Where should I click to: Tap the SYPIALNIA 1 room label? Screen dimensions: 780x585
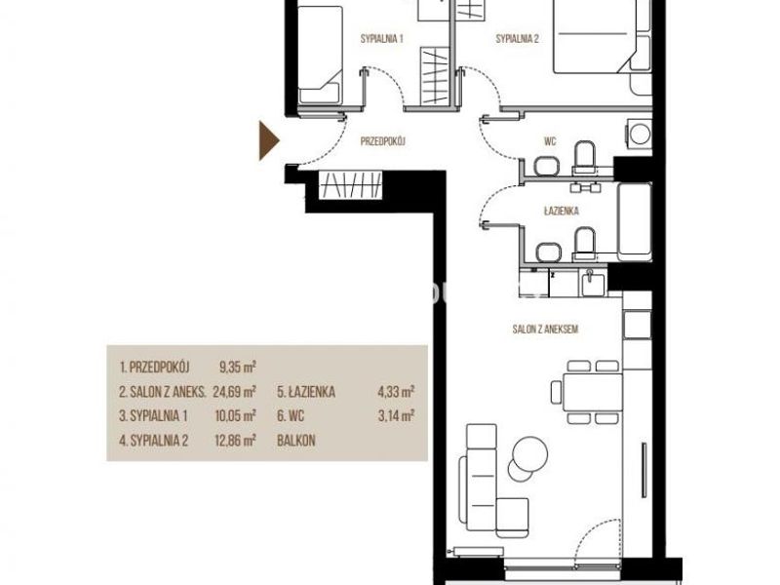click(x=381, y=39)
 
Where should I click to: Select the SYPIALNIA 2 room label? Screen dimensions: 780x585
click(x=518, y=39)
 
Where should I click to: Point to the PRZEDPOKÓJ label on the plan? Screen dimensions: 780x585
click(x=383, y=141)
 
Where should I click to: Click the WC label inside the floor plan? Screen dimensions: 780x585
click(x=550, y=141)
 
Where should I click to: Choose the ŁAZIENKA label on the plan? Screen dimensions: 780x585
click(x=562, y=211)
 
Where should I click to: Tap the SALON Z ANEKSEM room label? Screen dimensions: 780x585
click(x=545, y=330)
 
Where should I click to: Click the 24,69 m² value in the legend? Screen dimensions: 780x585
click(x=234, y=392)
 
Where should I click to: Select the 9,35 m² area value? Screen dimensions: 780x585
click(x=238, y=368)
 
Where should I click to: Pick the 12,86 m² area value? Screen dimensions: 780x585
click(x=235, y=441)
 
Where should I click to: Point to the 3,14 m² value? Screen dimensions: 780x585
click(x=397, y=416)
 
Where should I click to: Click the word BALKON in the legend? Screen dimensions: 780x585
click(x=296, y=441)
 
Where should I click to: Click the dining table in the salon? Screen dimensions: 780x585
click(x=593, y=393)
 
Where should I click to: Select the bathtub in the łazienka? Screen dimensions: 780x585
click(x=635, y=222)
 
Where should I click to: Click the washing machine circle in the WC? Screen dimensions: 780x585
click(x=640, y=134)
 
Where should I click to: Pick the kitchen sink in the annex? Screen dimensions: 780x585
click(x=592, y=284)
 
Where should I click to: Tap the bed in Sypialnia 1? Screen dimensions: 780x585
click(x=321, y=55)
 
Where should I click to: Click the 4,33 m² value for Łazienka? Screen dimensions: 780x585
click(x=396, y=392)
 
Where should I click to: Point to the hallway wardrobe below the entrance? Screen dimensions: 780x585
click(x=350, y=185)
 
